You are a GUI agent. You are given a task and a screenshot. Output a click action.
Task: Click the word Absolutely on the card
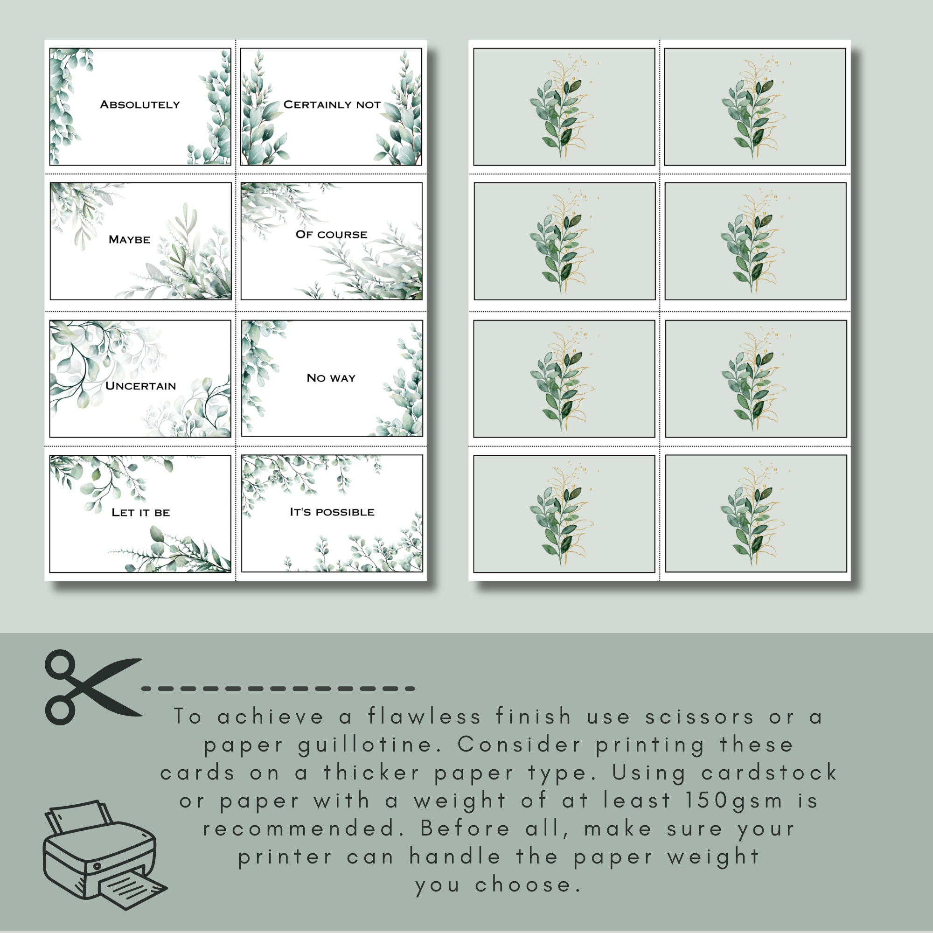pyautogui.click(x=139, y=104)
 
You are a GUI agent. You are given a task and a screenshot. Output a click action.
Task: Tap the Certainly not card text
pyautogui.click(x=332, y=104)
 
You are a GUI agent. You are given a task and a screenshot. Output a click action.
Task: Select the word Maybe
pyautogui.click(x=129, y=239)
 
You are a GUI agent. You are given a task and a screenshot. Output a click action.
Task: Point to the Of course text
pyautogui.click(x=331, y=235)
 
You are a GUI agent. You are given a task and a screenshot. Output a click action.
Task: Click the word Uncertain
pyautogui.click(x=140, y=386)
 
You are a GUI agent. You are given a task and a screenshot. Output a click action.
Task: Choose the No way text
pyautogui.click(x=331, y=378)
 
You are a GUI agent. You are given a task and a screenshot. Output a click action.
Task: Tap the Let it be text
pyautogui.click(x=140, y=512)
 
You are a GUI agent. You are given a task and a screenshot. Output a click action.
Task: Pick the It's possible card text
pyautogui.click(x=332, y=512)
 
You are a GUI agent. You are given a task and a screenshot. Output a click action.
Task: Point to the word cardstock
pyautogui.click(x=769, y=773)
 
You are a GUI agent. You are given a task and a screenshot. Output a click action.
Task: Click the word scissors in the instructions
pyautogui.click(x=699, y=717)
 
